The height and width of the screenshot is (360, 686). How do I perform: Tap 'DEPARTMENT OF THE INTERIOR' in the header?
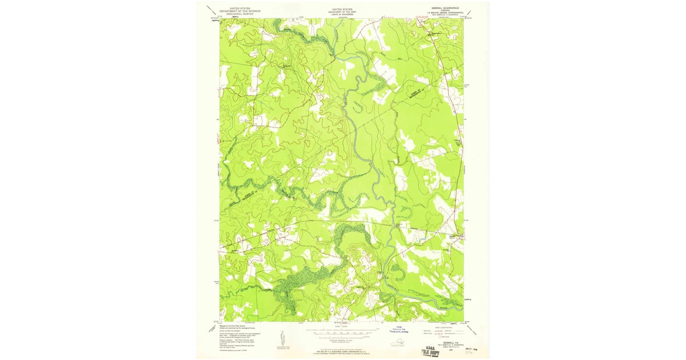coord(240,11)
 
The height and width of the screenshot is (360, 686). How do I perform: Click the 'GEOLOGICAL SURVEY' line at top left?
coord(240,14)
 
